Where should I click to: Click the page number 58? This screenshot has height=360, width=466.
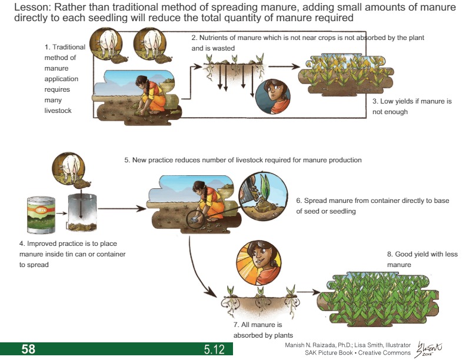(x=28, y=349)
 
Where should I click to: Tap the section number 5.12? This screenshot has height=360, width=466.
(x=214, y=350)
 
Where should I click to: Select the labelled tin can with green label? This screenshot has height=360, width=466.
(x=41, y=216)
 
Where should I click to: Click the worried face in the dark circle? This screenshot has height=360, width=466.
(x=272, y=96)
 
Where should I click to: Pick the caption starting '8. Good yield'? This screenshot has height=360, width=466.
(x=422, y=259)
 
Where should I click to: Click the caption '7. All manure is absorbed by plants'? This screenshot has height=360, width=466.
(x=258, y=330)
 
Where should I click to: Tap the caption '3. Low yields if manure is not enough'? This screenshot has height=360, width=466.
(x=412, y=106)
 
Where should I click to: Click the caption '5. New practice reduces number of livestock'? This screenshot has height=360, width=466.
(x=242, y=160)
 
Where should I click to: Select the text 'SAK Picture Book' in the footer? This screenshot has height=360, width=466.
(x=328, y=352)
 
